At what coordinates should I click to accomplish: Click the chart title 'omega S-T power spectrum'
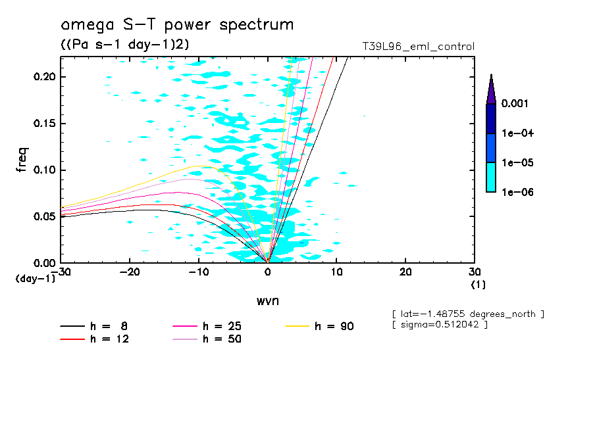coord(177,26)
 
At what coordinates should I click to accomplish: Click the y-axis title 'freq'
coord(22,159)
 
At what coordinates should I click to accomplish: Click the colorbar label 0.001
coord(517,104)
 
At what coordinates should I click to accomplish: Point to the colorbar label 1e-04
coord(517,133)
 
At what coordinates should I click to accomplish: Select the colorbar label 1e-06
coord(517,192)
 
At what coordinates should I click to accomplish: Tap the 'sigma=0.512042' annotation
coord(440,325)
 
